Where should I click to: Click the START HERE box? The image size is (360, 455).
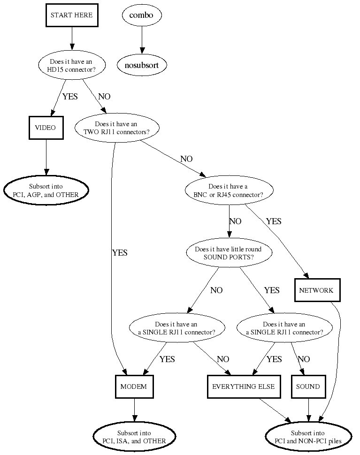(x=72, y=15)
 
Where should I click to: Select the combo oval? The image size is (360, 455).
(x=141, y=15)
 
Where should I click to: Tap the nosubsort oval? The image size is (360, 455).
(x=141, y=65)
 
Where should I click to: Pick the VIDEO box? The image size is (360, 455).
(x=46, y=128)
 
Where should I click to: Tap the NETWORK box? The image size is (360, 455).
(x=316, y=290)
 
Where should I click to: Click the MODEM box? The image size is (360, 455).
(x=134, y=387)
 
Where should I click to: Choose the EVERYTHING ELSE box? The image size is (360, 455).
(x=244, y=387)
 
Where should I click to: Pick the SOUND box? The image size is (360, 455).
(x=308, y=387)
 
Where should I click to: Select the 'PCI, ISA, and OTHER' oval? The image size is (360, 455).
(x=134, y=437)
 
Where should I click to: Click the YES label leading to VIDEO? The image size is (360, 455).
(x=70, y=97)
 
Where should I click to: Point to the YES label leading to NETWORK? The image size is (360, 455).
(x=274, y=221)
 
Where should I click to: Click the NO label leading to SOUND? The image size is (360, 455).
(x=304, y=359)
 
